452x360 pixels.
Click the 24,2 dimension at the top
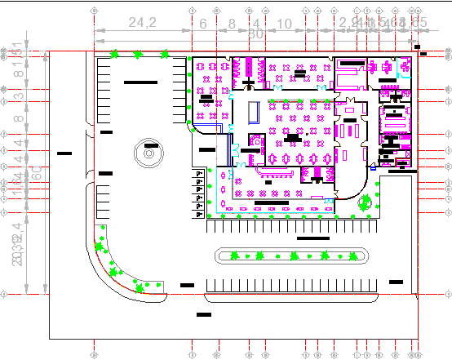pyautogui.click(x=142, y=23)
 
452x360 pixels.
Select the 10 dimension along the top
pyautogui.click(x=284, y=23)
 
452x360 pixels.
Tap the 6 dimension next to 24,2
pyautogui.click(x=203, y=23)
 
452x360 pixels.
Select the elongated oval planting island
pyautogui.click(x=289, y=256)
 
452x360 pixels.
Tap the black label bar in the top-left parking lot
pyautogui.click(x=140, y=82)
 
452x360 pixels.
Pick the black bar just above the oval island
pyautogui.click(x=312, y=239)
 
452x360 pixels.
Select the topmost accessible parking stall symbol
pyautogui.click(x=198, y=174)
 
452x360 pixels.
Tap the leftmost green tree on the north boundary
pyautogui.click(x=115, y=55)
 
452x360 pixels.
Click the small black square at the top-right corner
pyautogui.click(x=417, y=47)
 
